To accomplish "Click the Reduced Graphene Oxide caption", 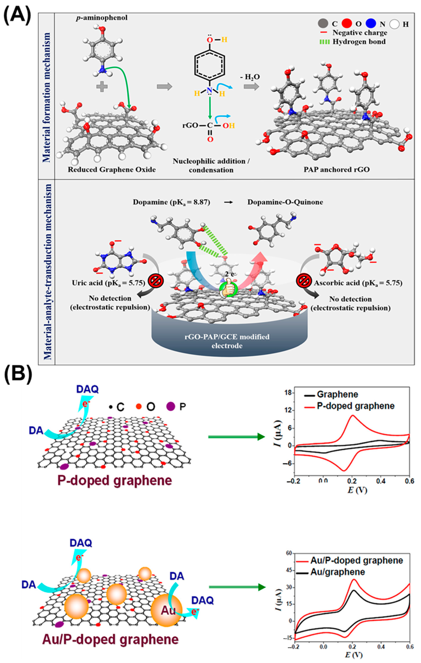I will [112, 169].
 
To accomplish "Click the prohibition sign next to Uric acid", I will [156, 281].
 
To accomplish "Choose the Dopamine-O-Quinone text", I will [285, 202].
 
